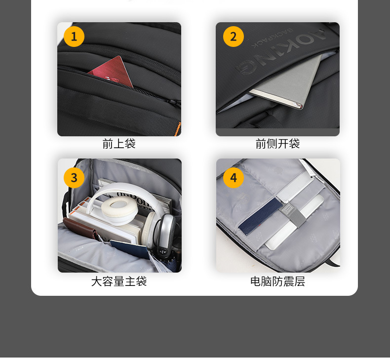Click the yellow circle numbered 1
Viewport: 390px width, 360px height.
74,37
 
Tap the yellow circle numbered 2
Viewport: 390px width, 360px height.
234,37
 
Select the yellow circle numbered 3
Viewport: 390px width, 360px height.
74,178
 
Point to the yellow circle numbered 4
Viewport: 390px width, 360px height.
234,178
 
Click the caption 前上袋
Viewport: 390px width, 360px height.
119,144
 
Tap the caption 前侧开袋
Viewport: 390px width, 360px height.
277,144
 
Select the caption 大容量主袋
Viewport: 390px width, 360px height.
119,281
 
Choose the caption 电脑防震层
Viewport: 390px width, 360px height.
277,281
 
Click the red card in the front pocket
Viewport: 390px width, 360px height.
112,72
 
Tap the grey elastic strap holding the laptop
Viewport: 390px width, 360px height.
292,216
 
